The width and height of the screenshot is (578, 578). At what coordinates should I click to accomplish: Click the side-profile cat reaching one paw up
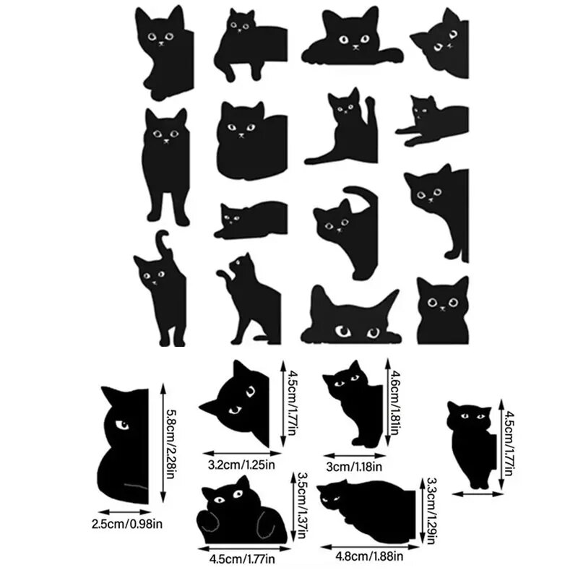(248, 296)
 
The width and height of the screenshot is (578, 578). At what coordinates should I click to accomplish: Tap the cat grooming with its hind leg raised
(342, 127)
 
